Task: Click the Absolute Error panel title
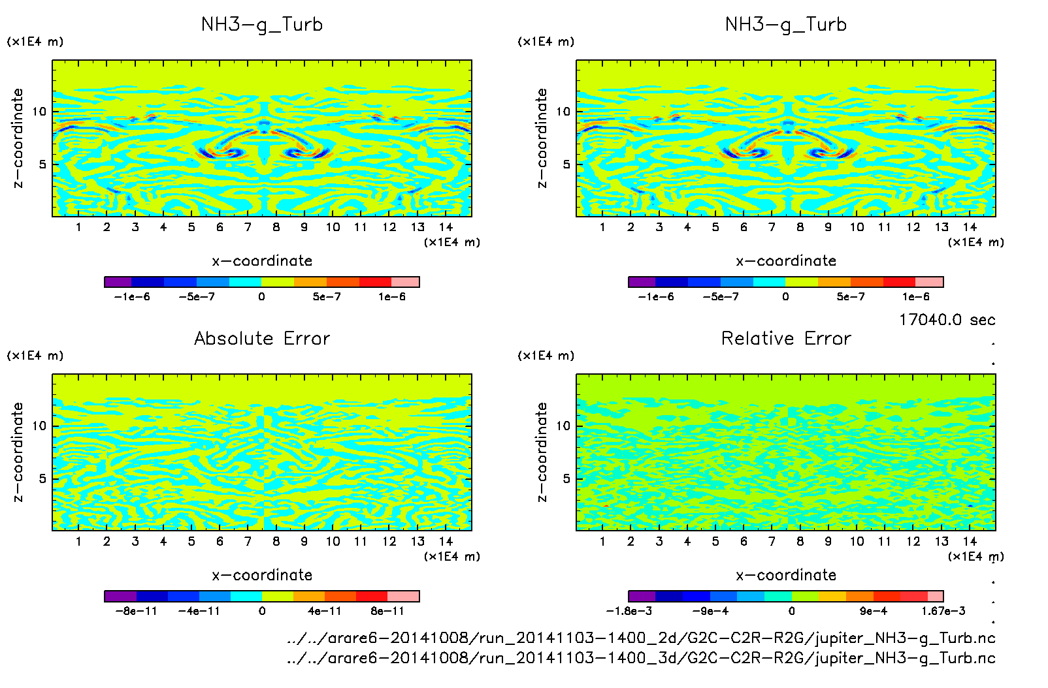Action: click(x=262, y=338)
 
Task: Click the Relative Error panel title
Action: click(x=786, y=338)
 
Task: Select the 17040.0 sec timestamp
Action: click(x=947, y=320)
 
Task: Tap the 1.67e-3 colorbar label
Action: click(x=943, y=611)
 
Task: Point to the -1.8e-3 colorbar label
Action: click(x=629, y=611)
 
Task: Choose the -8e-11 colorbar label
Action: click(x=136, y=611)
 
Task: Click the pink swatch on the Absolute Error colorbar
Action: click(x=403, y=596)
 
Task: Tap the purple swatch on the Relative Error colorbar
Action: click(x=642, y=596)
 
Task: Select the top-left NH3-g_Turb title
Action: click(x=262, y=24)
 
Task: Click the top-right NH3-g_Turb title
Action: click(x=786, y=24)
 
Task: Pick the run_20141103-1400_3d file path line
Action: click(x=641, y=658)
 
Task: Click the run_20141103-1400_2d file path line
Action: click(x=641, y=638)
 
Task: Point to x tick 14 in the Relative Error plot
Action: click(x=970, y=541)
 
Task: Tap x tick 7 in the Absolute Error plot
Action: click(x=248, y=541)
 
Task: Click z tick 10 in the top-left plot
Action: click(x=40, y=112)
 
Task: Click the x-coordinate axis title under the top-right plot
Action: click(x=786, y=261)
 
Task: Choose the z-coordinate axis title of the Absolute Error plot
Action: click(x=18, y=452)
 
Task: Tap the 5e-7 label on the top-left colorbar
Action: click(x=327, y=297)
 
